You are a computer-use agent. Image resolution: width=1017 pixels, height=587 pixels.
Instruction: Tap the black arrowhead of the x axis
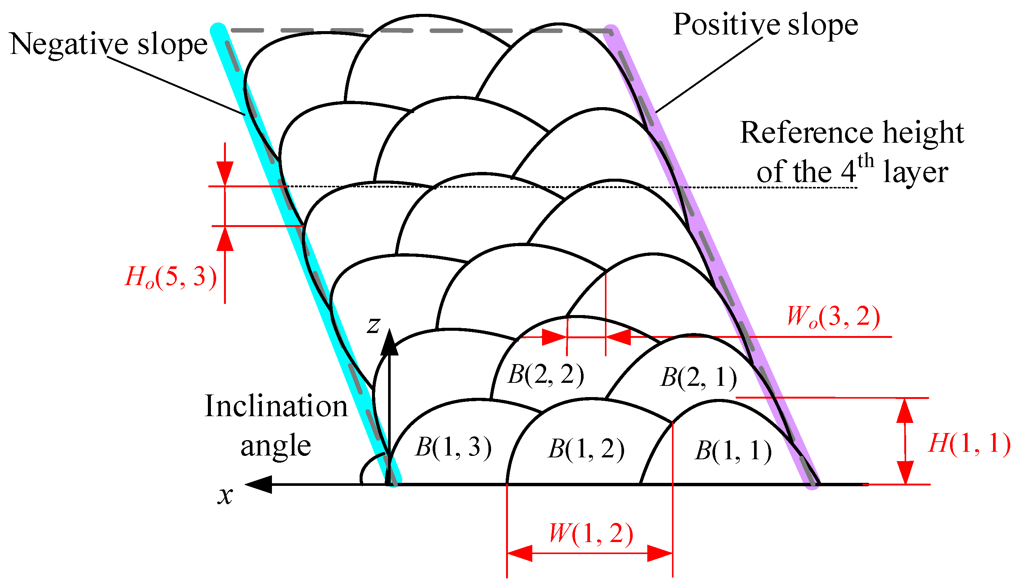tap(259, 484)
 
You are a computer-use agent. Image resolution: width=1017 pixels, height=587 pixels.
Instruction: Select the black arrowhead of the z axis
tap(390, 343)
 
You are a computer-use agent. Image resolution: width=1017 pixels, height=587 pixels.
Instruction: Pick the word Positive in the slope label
tap(727, 25)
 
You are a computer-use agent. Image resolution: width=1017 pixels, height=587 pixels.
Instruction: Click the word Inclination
tap(276, 406)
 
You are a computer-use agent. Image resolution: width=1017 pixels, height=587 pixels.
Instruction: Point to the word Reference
tap(807, 133)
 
